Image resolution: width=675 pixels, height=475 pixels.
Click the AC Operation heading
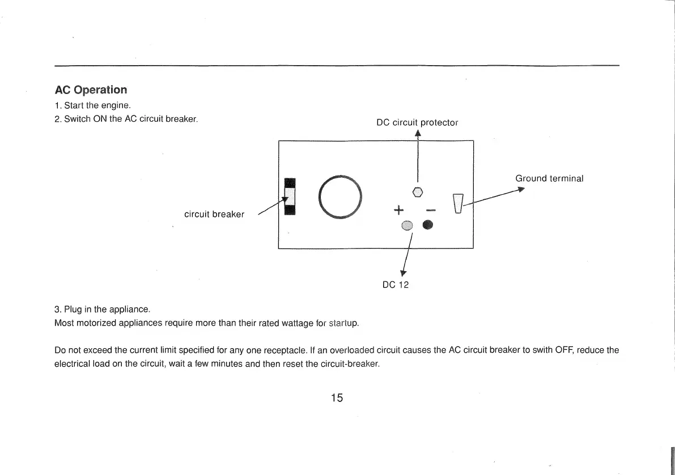pos(91,90)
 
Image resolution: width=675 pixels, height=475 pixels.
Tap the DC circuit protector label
pos(417,122)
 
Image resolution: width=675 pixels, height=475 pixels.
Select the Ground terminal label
pos(549,178)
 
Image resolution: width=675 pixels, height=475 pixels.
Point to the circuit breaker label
pos(214,215)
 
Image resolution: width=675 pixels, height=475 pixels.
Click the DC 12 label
pos(396,285)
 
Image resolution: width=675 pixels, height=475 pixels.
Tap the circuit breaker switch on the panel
pos(290,196)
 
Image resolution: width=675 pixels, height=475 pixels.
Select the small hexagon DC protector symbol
pos(418,191)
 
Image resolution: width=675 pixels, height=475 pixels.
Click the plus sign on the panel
pos(398,211)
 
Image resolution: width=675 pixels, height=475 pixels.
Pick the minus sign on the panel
pos(430,211)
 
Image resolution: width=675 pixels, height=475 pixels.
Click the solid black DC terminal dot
pos(427,225)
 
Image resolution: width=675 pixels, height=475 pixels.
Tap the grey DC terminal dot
pos(406,225)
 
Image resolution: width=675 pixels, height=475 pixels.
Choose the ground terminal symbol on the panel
pos(459,204)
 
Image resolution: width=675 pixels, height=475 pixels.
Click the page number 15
pos(337,397)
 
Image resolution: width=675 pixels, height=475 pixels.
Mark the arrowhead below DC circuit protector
pos(418,134)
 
